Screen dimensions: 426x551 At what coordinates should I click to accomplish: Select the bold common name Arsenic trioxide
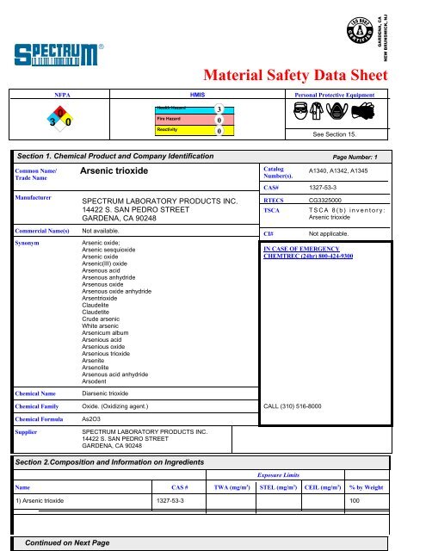click(117, 173)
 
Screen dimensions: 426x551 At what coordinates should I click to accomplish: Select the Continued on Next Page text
click(68, 544)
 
